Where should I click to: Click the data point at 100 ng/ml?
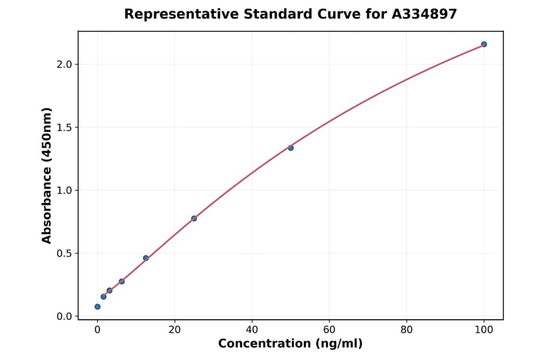click(484, 44)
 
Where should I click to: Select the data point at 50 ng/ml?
click(291, 148)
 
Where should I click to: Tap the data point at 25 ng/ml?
click(194, 218)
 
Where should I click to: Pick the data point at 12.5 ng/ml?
click(146, 258)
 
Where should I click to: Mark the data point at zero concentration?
click(97, 307)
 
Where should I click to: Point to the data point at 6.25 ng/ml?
click(122, 281)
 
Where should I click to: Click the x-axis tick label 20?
click(174, 330)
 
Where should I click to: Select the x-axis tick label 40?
click(252, 330)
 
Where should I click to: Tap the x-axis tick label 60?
click(329, 330)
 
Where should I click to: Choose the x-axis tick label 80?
click(406, 330)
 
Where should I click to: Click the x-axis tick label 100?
click(484, 330)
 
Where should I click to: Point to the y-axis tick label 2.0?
click(64, 64)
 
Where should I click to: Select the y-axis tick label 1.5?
click(64, 127)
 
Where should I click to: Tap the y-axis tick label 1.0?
click(64, 190)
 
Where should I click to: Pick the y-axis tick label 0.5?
click(64, 253)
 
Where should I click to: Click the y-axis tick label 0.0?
click(64, 316)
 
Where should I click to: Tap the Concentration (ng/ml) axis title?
click(290, 344)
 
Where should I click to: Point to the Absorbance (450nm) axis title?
click(47, 175)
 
